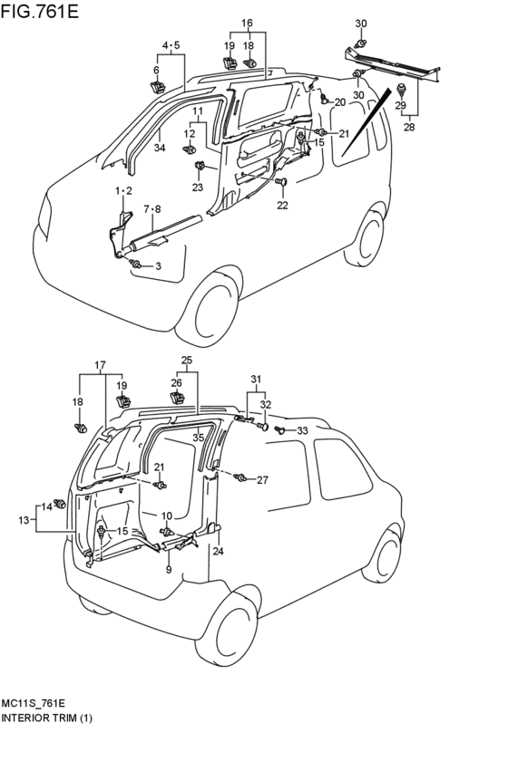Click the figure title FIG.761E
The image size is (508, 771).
(39, 11)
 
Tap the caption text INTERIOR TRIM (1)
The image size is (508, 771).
(47, 718)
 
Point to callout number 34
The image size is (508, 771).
(159, 147)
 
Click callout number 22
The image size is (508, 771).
(282, 205)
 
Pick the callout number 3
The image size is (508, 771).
(158, 266)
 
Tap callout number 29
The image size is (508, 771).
(401, 106)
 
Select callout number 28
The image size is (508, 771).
(409, 128)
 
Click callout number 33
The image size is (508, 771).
(302, 430)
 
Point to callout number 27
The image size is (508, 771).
(262, 480)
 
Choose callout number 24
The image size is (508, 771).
(218, 551)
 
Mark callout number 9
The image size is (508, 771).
(169, 569)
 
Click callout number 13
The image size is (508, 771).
(24, 520)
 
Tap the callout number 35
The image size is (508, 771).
(198, 437)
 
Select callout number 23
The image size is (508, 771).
(198, 187)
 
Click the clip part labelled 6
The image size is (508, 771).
(158, 87)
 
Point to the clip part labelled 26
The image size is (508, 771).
(177, 398)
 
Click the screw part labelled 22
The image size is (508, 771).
(282, 182)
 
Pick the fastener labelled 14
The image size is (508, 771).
(61, 503)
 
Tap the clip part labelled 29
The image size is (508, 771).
(402, 90)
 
